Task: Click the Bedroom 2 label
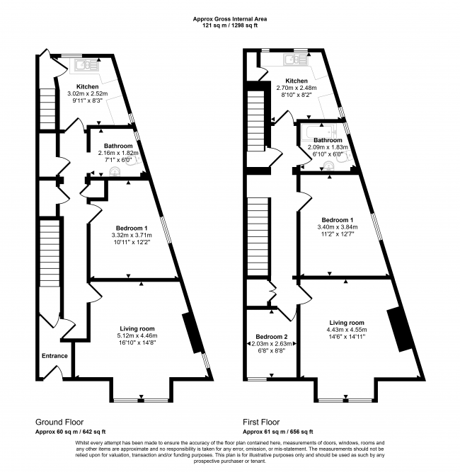270,335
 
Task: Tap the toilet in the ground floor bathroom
94,171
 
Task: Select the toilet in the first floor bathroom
328,166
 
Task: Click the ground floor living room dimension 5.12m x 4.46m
137,336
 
